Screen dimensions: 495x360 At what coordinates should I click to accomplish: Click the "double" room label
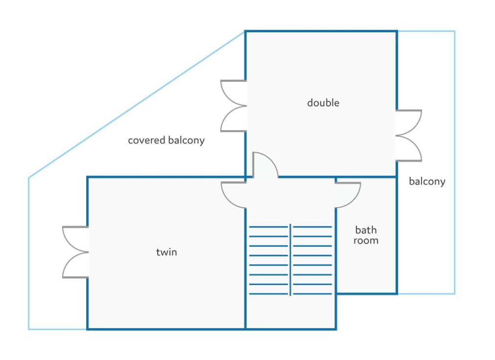(323, 103)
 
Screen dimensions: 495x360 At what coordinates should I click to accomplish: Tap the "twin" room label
(166, 252)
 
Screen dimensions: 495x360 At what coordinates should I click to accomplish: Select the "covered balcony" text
(166, 140)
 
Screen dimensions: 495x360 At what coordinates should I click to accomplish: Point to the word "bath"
(366, 230)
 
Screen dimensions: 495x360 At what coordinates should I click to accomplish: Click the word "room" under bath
(366, 240)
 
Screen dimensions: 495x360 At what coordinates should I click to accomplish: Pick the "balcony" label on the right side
(427, 181)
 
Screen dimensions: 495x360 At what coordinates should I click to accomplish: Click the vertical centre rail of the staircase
(290, 260)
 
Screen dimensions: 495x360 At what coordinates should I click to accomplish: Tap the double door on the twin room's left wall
(76, 252)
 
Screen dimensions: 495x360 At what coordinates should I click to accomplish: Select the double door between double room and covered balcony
(234, 106)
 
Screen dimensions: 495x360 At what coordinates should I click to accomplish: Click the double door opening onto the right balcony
(409, 136)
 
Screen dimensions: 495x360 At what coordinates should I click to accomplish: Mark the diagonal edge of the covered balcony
(137, 104)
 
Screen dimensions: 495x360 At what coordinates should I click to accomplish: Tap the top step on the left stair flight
(269, 227)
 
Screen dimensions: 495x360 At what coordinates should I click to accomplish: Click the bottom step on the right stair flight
(312, 294)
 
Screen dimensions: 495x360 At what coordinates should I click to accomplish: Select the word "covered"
(146, 140)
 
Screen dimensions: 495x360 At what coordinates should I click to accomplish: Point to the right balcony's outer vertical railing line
(454, 162)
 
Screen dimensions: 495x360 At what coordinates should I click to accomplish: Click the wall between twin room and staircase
(245, 268)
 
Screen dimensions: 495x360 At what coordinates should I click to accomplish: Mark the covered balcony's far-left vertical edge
(29, 254)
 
